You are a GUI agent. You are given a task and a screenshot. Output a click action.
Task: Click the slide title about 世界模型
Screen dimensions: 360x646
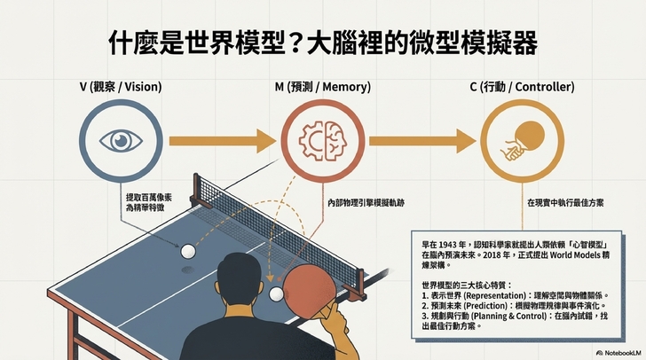point(323,42)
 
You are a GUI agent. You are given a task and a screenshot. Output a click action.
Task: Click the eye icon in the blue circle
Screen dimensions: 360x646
point(118,141)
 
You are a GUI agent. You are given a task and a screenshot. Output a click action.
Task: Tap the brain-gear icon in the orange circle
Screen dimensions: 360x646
point(323,141)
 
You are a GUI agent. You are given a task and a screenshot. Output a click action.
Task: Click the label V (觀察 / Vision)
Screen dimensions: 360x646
point(118,89)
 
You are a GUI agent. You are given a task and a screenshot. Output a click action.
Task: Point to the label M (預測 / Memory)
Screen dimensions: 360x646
point(323,89)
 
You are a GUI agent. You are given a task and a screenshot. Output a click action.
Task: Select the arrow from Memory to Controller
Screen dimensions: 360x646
point(424,141)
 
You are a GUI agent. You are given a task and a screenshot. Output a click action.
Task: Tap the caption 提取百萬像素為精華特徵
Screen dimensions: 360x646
point(145,200)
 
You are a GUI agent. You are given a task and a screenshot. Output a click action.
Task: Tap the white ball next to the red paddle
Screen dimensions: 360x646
point(277,293)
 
